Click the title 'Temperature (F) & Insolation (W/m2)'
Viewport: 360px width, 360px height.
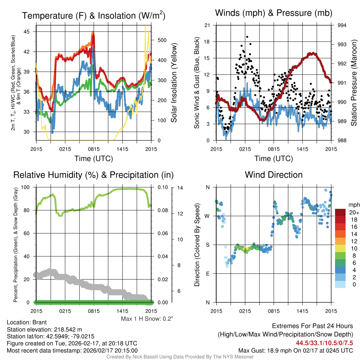coord(94,15)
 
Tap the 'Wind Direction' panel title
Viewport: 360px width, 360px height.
coord(274,175)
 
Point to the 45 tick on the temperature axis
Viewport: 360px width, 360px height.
coord(30,32)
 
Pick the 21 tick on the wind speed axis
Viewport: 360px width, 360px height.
coord(207,25)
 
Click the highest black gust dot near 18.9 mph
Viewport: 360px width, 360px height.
coord(247,37)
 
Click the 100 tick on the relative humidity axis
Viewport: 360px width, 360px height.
coord(28,187)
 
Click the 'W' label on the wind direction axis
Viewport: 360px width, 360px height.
coord(207,216)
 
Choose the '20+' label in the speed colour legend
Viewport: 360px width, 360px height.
coord(353,213)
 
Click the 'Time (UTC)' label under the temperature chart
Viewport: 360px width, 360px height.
coord(94,159)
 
